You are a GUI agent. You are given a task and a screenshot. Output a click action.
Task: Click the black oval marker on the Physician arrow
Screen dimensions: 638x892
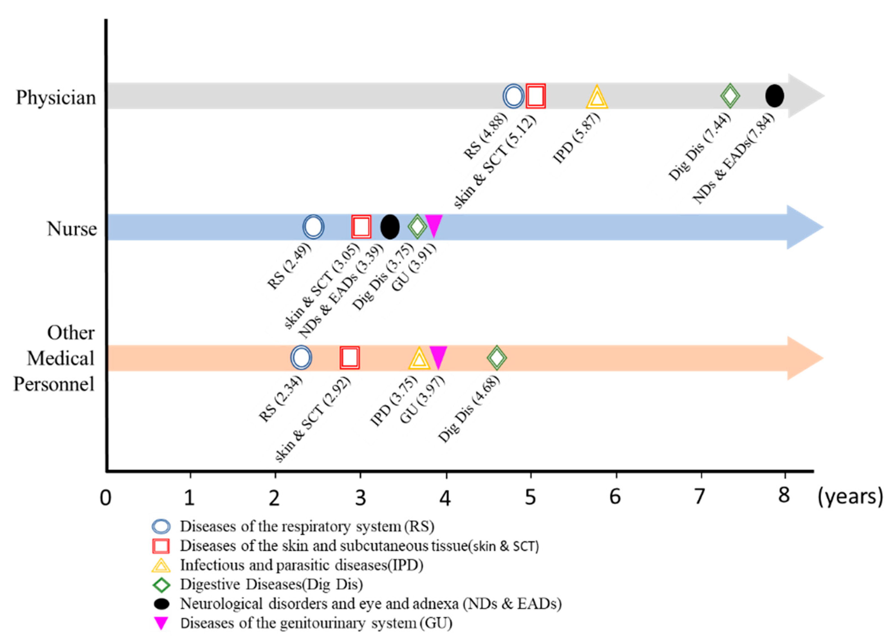[774, 96]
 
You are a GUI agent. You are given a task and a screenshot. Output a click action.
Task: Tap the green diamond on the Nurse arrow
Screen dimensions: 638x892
[417, 227]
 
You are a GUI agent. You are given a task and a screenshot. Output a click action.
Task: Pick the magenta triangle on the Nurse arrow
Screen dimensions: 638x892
[434, 225]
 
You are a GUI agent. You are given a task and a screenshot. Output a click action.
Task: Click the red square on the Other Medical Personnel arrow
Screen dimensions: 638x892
[349, 358]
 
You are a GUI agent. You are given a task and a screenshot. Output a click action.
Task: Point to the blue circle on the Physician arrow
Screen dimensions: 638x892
[513, 96]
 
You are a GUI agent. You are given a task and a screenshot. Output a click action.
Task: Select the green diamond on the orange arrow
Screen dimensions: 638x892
[496, 358]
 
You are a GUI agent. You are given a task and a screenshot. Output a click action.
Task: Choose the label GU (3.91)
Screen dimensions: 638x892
[414, 267]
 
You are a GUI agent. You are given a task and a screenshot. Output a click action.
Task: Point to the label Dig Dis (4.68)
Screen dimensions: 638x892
[469, 409]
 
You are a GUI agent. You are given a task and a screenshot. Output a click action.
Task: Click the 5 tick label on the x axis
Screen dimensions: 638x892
[530, 497]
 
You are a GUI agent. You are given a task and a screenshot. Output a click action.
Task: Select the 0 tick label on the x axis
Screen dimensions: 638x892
[105, 498]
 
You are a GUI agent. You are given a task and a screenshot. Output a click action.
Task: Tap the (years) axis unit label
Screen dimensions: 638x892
[850, 497]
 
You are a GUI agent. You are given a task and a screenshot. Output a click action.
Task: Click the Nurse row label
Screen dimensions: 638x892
[72, 229]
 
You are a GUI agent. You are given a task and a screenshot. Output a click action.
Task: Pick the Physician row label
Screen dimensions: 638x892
[56, 97]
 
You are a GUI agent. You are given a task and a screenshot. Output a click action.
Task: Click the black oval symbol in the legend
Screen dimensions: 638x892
[161, 604]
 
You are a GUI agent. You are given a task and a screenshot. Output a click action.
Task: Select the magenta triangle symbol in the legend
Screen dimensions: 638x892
[161, 623]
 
